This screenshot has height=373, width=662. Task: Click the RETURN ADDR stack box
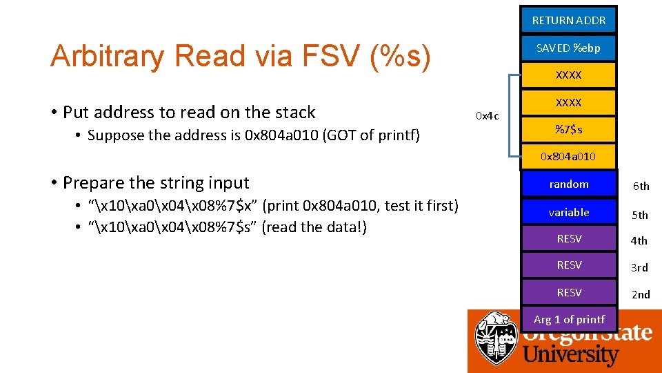tap(568, 20)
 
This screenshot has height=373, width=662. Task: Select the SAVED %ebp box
tap(568, 48)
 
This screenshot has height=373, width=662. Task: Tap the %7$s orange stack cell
tap(568, 129)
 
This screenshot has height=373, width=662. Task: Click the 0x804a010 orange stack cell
tap(568, 157)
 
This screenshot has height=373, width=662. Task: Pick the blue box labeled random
tap(568, 184)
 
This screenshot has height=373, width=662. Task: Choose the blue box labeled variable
tap(568, 213)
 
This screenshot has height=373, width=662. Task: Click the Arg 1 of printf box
tap(568, 319)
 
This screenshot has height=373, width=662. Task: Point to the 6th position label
tap(641, 186)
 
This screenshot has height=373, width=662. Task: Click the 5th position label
tap(641, 215)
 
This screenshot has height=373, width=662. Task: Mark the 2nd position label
tap(641, 295)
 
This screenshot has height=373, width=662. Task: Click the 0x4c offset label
tap(488, 115)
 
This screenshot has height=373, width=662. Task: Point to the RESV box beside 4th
tap(568, 239)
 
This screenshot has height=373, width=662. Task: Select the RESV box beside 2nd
tap(568, 293)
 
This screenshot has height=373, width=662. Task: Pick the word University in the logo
tap(570, 355)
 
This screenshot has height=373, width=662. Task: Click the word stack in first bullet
tap(294, 112)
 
